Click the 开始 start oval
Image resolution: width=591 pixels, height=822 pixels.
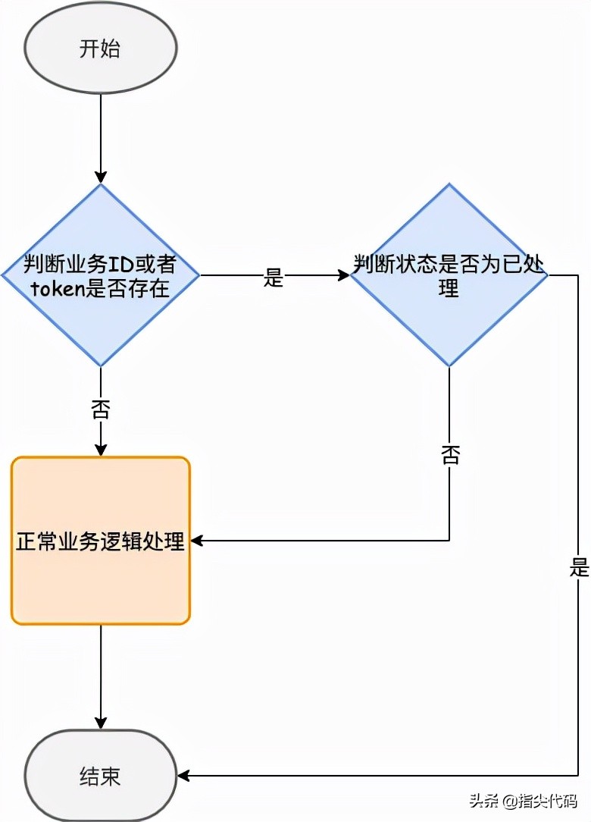(x=100, y=48)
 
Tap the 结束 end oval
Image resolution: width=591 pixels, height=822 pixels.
(x=100, y=776)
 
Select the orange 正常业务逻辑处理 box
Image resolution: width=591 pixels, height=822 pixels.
(x=100, y=541)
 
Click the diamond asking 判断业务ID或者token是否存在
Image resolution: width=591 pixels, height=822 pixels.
(x=100, y=275)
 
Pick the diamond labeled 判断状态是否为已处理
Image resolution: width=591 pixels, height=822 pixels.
(x=449, y=275)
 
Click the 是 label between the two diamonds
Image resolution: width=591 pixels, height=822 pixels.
(x=273, y=278)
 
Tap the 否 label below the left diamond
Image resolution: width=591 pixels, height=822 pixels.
(x=100, y=410)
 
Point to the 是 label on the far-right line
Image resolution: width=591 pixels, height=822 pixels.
(x=580, y=567)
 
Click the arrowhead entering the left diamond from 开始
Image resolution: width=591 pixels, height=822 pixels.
(x=100, y=177)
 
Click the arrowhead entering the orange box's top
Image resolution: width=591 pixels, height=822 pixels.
(x=100, y=450)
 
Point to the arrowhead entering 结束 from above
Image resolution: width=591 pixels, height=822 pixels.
(x=100, y=723)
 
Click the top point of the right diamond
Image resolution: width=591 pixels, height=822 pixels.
(x=449, y=185)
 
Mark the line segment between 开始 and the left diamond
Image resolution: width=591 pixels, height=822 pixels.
(x=100, y=136)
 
